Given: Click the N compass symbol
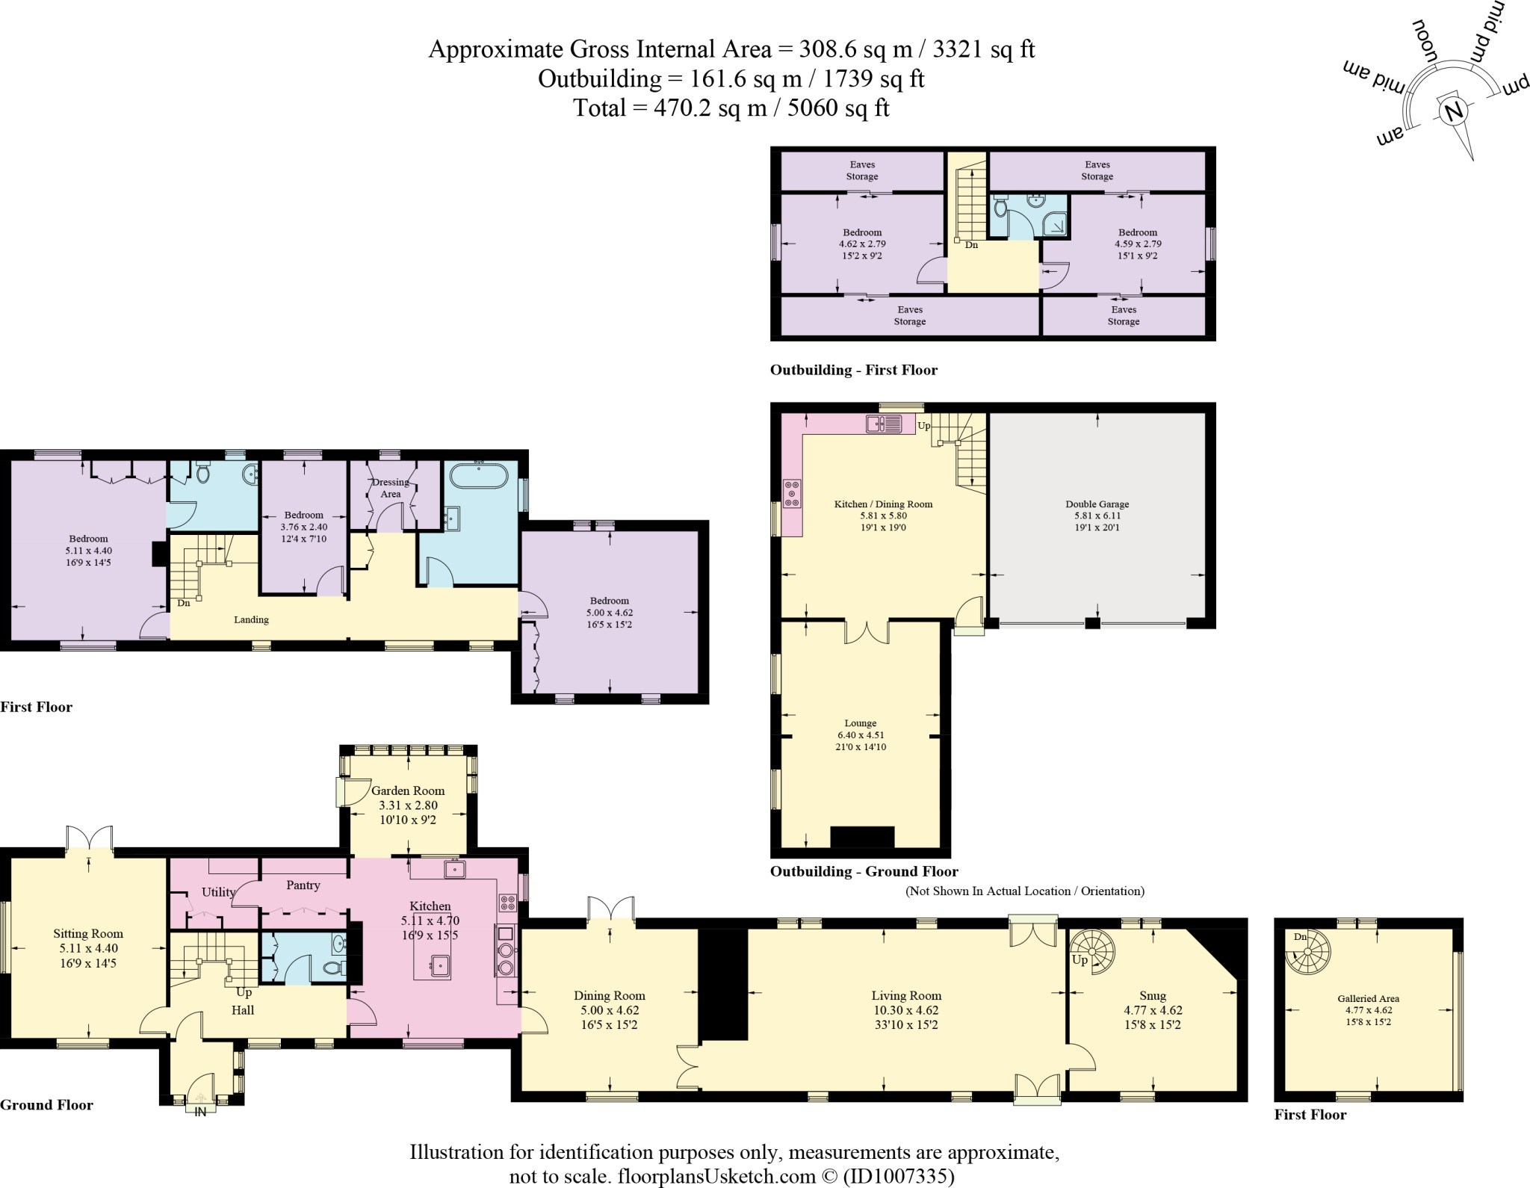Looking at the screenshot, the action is [1454, 113].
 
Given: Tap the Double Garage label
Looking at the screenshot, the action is [1097, 504].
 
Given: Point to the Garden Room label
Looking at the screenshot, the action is [408, 791].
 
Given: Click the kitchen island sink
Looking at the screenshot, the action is [442, 965].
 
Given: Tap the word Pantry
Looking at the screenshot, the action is [303, 885].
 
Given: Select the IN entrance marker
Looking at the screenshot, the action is [200, 1111].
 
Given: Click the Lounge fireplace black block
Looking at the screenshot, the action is [862, 838].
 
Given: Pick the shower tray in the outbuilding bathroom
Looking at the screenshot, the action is [1054, 223].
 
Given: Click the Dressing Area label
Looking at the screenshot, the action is [391, 488].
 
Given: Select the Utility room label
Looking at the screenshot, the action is [219, 892].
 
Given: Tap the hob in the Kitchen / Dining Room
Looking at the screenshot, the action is [791, 493].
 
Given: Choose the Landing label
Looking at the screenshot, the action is [251, 620].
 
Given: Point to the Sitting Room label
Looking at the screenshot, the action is [88, 934].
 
